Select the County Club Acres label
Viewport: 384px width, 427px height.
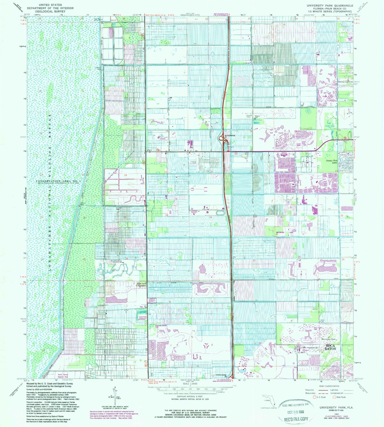332,162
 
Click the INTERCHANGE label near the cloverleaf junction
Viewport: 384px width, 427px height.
230,135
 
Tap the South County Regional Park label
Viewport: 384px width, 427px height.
63,376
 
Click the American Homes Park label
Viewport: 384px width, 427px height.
161,326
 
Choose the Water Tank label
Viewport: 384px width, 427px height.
323,320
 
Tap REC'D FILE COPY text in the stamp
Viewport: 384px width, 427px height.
296,419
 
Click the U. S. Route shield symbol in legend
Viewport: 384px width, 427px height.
315,397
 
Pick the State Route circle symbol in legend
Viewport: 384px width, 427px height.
334,397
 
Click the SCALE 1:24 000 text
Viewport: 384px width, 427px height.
189,384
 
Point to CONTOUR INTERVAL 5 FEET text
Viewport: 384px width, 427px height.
189,396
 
